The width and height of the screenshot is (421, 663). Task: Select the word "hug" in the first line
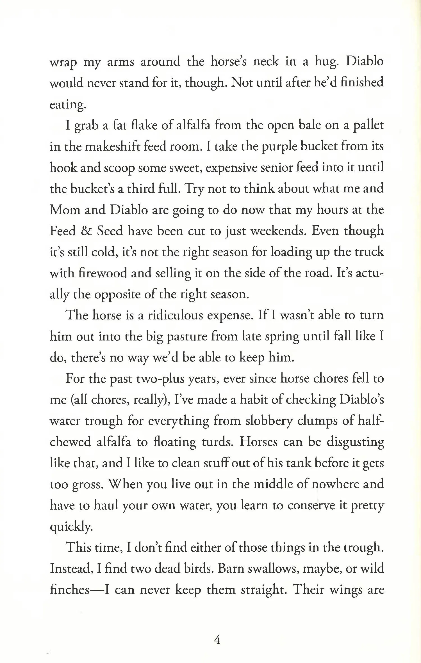pos(326,62)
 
